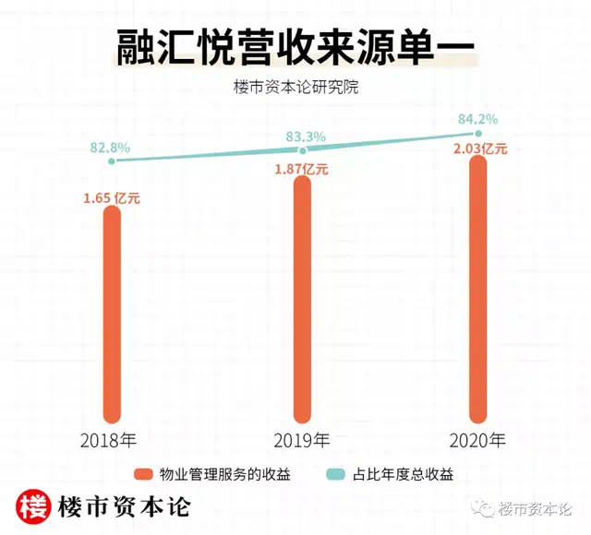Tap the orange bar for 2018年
click(113, 314)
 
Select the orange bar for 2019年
click(303, 300)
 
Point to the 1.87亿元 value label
click(300, 169)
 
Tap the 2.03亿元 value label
click(481, 149)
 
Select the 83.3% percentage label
click(306, 137)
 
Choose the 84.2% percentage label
click(478, 119)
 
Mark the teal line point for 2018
click(111, 161)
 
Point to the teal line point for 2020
click(476, 135)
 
